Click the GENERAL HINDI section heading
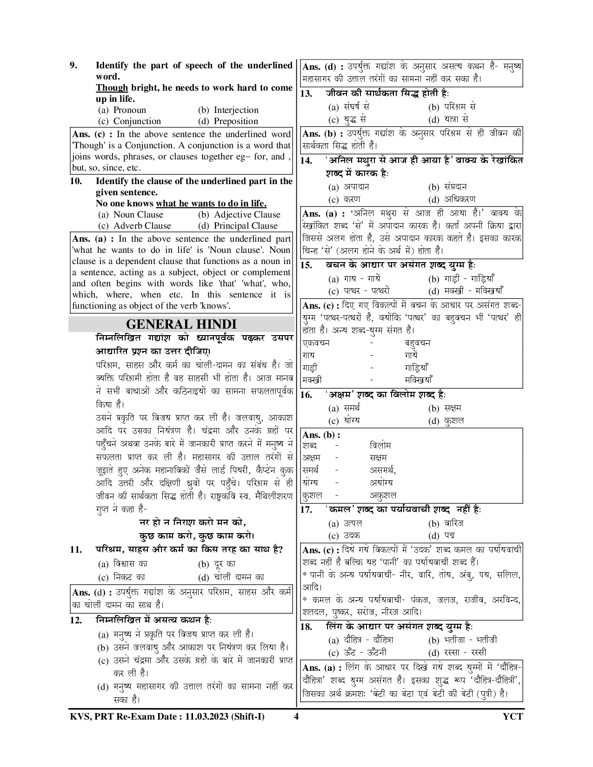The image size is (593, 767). tap(181, 324)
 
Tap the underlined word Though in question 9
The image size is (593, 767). tap(112, 88)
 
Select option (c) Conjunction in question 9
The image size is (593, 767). tap(130, 121)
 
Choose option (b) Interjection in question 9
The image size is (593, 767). tap(228, 110)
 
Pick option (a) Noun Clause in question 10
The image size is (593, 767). tap(131, 215)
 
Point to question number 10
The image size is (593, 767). tap(76, 181)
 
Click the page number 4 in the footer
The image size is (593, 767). tap(296, 716)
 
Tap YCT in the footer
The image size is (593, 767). tap(513, 716)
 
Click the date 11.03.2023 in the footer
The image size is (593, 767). tap(206, 716)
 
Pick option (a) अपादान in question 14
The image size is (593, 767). tap(349, 187)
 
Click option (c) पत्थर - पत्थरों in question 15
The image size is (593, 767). tap(359, 291)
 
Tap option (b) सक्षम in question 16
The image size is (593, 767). tap(445, 409)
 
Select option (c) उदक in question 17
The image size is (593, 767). tap(345, 536)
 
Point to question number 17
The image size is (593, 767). tap(306, 510)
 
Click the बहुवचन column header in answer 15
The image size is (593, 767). tap(417, 343)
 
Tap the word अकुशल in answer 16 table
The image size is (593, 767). tap(383, 495)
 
